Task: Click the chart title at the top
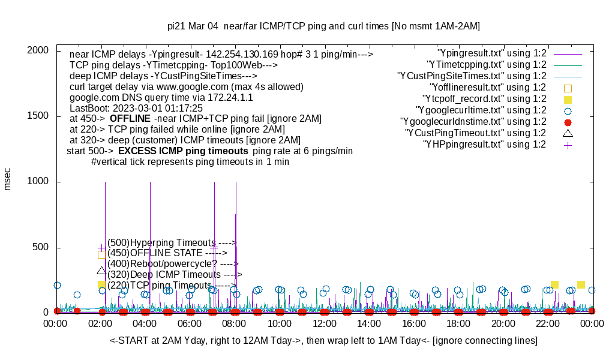pyautogui.click(x=323, y=26)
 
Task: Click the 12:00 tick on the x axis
pyautogui.click(x=324, y=323)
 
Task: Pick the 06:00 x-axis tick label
pyautogui.click(x=190, y=323)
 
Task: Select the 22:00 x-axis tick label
pyautogui.click(x=547, y=323)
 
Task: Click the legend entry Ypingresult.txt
pyautogui.click(x=492, y=53)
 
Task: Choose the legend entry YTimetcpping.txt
pyautogui.click(x=487, y=65)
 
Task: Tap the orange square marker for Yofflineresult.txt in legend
pyautogui.click(x=568, y=88)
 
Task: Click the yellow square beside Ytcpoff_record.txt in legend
pyautogui.click(x=568, y=100)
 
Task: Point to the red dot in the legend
pyautogui.click(x=568, y=122)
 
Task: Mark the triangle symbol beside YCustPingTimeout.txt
pyautogui.click(x=568, y=133)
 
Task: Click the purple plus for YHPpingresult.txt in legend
pyautogui.click(x=568, y=145)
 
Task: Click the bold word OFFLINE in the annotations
pyautogui.click(x=130, y=119)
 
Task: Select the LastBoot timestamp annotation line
pyautogui.click(x=136, y=108)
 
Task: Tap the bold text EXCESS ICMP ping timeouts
pyautogui.click(x=183, y=151)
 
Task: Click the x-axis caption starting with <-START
pyautogui.click(x=323, y=341)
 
